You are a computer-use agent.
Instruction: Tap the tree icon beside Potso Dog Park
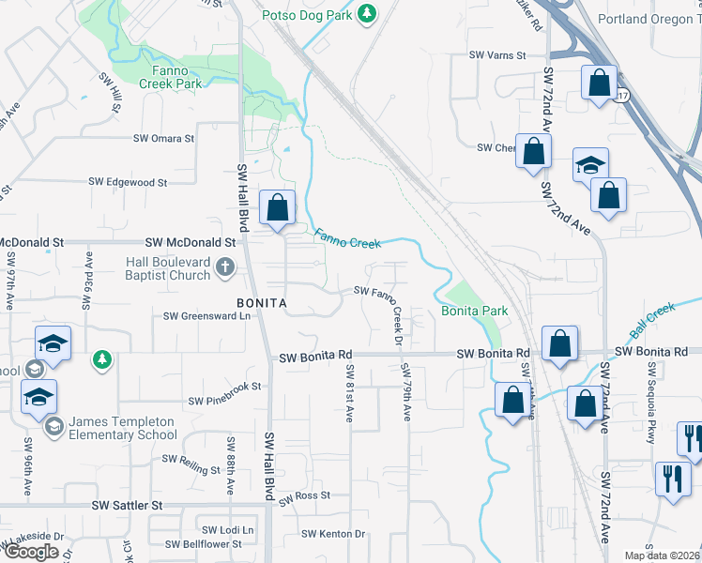[369, 13]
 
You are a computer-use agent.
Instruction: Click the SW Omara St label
[163, 138]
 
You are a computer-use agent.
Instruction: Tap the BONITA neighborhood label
[261, 304]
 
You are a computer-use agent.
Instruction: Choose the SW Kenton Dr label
[332, 534]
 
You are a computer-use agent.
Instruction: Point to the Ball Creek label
[653, 322]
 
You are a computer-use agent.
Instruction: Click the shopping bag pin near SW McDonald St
[278, 209]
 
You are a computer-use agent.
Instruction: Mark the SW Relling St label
[191, 460]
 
